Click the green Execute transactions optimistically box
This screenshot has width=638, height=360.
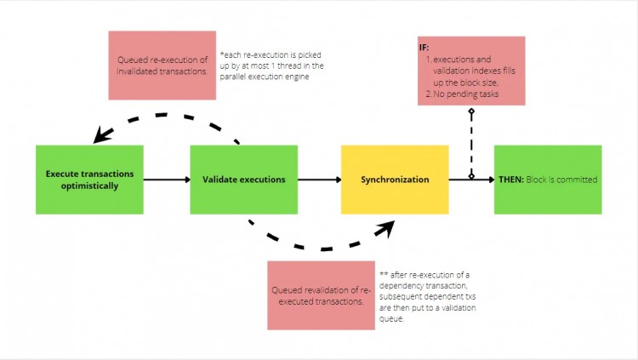point(89,179)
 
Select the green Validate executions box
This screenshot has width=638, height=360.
point(243,179)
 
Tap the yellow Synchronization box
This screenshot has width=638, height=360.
point(395,179)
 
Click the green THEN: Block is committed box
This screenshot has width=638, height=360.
point(548,179)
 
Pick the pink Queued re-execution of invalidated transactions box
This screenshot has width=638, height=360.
point(162,65)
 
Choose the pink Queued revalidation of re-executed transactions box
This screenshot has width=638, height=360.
point(321,294)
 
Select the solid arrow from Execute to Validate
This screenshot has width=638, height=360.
point(166,180)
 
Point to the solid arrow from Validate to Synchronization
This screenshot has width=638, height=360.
point(319,180)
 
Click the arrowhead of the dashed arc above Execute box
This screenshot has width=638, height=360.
point(104,134)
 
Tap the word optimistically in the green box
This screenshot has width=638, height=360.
point(89,186)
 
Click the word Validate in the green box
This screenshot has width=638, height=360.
point(220,180)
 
